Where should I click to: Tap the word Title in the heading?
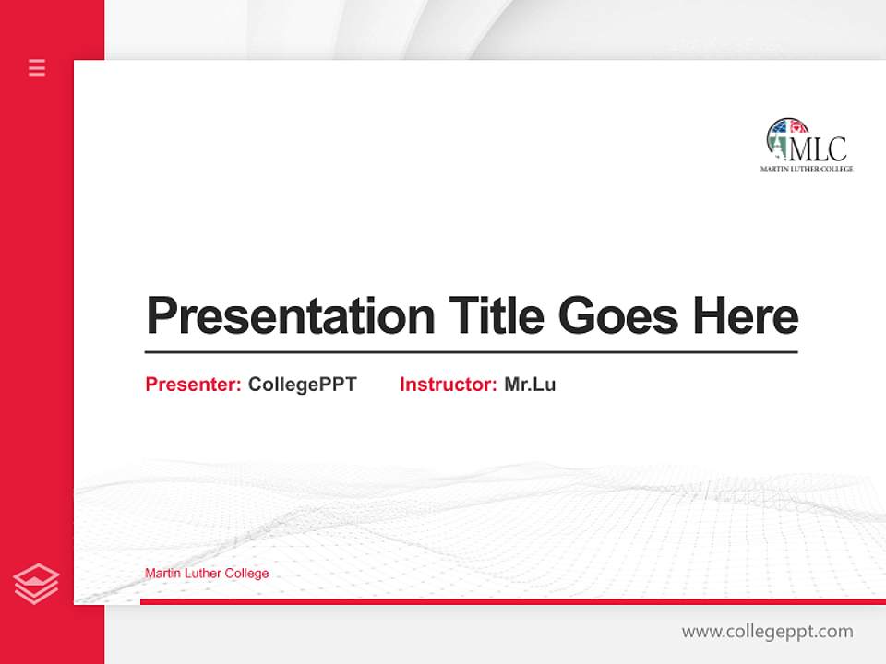[x=497, y=317]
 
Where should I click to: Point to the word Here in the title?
[x=746, y=317]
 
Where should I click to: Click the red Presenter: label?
[x=193, y=385]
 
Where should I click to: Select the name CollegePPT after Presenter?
[x=302, y=385]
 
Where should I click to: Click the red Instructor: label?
[x=448, y=385]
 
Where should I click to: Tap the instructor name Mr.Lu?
[x=530, y=385]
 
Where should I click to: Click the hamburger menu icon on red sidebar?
[x=37, y=67]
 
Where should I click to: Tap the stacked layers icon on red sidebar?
[x=36, y=584]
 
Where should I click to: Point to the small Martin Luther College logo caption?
[x=806, y=169]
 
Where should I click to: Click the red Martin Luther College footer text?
[x=207, y=574]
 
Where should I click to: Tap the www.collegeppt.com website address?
[x=767, y=632]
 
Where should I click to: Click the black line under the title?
[x=471, y=351]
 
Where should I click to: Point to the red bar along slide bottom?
[x=512, y=601]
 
